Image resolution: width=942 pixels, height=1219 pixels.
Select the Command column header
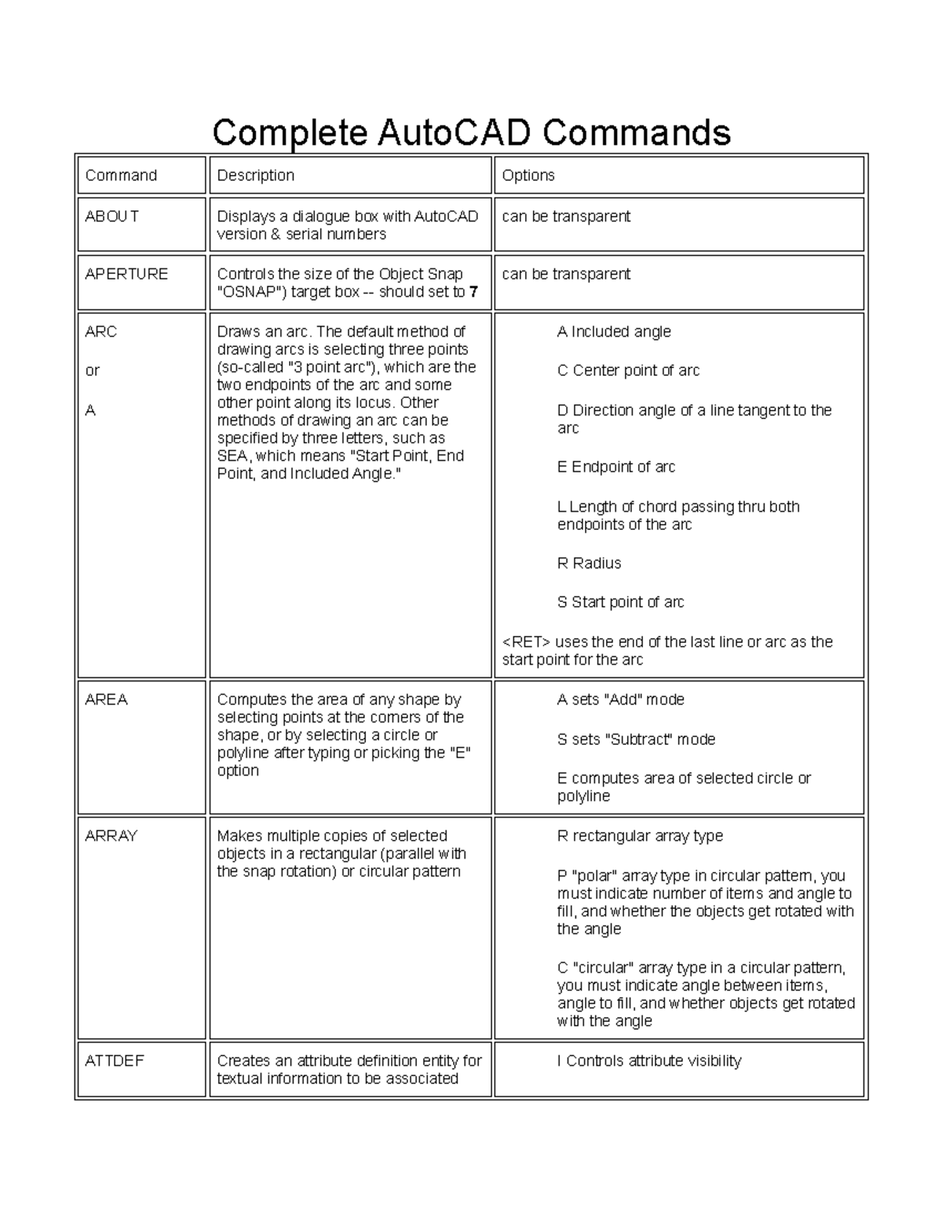tap(121, 175)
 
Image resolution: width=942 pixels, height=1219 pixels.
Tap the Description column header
tap(255, 175)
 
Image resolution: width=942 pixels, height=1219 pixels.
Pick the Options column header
tap(528, 175)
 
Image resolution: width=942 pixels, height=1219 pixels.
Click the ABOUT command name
tap(111, 216)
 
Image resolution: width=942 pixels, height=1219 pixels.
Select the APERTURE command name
tap(126, 274)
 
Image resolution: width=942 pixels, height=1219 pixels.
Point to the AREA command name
tap(106, 699)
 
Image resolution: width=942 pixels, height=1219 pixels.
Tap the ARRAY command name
tap(111, 836)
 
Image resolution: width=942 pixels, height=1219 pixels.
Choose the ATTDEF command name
tap(115, 1060)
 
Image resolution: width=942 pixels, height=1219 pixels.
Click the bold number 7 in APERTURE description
tap(473, 292)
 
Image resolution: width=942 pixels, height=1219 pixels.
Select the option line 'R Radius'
tap(589, 564)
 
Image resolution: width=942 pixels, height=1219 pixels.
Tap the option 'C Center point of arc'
tap(628, 370)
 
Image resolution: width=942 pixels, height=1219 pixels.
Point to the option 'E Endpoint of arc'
tap(615, 467)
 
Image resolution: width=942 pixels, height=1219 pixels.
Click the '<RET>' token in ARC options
tap(526, 642)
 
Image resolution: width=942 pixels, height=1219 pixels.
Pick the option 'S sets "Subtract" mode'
tap(636, 739)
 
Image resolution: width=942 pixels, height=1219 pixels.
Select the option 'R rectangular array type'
tap(640, 836)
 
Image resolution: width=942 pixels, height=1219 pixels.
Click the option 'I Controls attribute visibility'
tap(648, 1061)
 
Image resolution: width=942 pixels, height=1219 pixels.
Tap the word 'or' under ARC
tap(92, 370)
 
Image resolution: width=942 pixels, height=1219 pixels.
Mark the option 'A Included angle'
tap(614, 332)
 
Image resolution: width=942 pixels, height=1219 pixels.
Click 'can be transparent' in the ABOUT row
tap(566, 216)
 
